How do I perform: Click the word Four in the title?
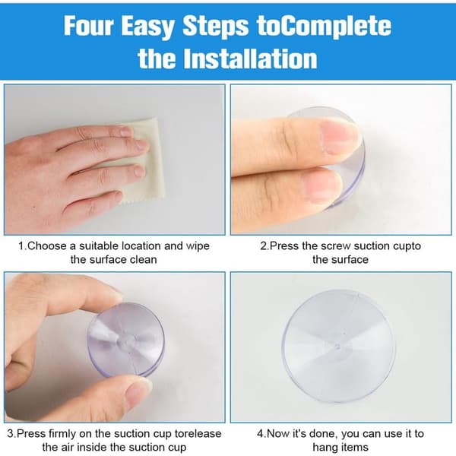(x=88, y=26)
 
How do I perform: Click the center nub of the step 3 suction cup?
(x=125, y=340)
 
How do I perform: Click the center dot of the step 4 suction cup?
(x=337, y=347)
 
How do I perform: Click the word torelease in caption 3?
(x=198, y=434)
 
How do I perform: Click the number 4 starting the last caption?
(x=260, y=434)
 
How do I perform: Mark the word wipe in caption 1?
(x=198, y=246)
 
